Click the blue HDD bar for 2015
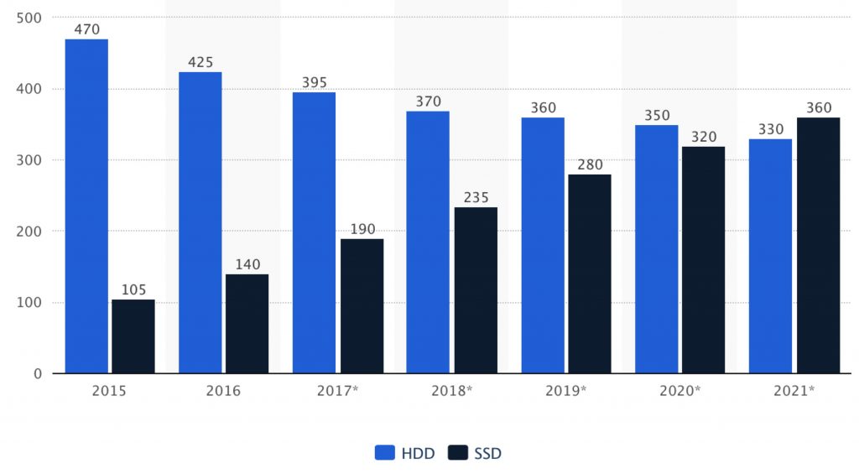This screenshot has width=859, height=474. [86, 206]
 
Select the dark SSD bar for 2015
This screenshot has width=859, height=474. [133, 336]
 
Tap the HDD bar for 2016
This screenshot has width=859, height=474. [200, 222]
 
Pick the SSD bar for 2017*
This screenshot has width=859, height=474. [362, 306]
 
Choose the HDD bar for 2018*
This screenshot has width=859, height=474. [428, 242]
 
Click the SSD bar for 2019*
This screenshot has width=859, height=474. [590, 273]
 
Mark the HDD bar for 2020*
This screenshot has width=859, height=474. [656, 249]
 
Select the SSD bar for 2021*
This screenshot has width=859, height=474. [818, 245]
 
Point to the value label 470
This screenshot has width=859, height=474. [86, 29]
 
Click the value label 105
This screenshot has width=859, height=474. [133, 289]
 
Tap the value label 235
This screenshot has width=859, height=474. [476, 198]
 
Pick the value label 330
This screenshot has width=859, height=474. [770, 129]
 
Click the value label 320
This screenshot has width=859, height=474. [704, 137]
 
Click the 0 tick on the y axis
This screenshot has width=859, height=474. [38, 373]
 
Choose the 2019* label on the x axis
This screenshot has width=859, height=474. [565, 391]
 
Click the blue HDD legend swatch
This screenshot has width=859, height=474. [384, 453]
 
